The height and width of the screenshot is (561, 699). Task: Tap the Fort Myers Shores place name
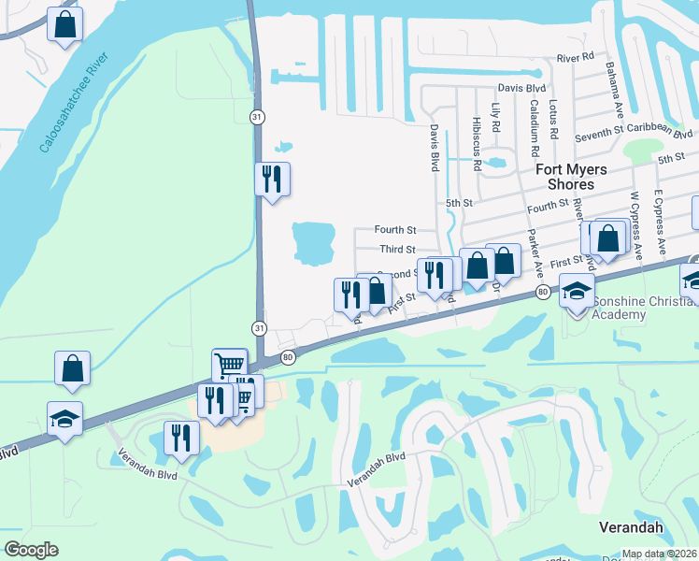(x=571, y=177)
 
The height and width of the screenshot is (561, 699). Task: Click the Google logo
(x=31, y=550)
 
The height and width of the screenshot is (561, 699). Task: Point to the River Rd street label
(x=575, y=57)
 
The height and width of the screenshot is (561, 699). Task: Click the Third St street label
(x=398, y=250)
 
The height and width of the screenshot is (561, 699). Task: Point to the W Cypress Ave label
(x=635, y=224)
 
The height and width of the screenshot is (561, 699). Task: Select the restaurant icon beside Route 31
(x=272, y=179)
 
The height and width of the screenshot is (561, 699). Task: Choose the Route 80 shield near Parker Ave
(x=542, y=294)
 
